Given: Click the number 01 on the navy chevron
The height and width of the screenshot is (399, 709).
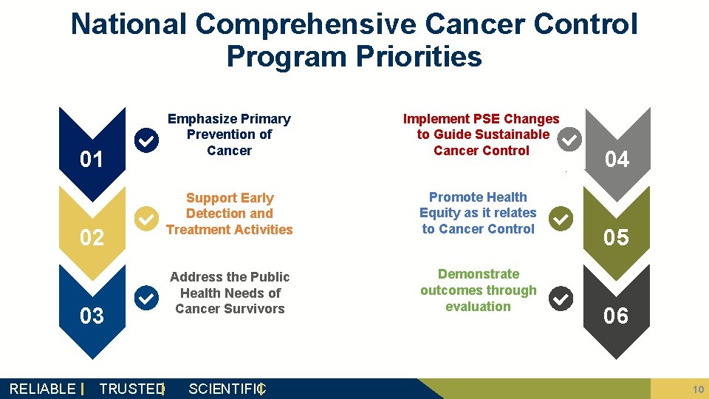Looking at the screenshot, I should tap(92, 159).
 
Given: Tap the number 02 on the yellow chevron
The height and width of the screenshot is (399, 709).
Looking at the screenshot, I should tap(92, 237).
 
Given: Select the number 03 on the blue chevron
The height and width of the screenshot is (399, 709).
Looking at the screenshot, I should tap(92, 316).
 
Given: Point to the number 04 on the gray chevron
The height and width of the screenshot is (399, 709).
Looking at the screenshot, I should tap(617, 159).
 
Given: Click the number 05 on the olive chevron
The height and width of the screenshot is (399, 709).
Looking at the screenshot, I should tap(617, 237).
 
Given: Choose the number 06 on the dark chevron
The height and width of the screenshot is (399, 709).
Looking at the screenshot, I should tap(617, 316).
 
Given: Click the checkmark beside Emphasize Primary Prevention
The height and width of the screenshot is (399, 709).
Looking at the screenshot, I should tap(147, 140).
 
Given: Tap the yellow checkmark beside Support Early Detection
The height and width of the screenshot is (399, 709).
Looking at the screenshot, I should tap(147, 219).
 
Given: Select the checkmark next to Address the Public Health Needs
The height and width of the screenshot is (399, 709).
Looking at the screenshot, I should tap(147, 298).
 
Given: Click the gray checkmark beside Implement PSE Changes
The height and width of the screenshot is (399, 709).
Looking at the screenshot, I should tap(569, 139).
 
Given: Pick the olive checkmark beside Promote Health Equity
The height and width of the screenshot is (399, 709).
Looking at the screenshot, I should tap(561, 219).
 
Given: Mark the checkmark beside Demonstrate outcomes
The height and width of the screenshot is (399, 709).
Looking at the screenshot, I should tap(561, 298).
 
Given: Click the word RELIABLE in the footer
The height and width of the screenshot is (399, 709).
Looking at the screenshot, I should tap(42, 389).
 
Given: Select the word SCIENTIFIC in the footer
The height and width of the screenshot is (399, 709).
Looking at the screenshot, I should tap(225, 389).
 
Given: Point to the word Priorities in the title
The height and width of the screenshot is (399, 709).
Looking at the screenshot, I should tap(418, 56).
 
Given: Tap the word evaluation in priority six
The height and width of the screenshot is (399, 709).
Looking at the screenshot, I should tap(478, 307).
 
